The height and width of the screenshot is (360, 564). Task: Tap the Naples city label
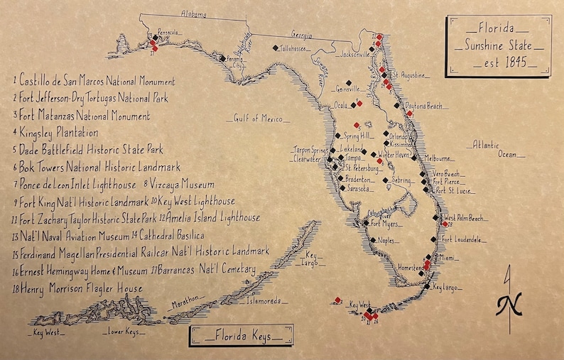point(386,241)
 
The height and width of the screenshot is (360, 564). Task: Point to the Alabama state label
point(193,14)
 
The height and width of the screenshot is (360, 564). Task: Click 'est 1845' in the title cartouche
point(501,62)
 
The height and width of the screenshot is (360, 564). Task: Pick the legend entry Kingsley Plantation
point(60,133)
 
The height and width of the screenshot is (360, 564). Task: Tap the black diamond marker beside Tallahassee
point(276,48)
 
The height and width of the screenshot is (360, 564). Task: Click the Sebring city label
point(403,181)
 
